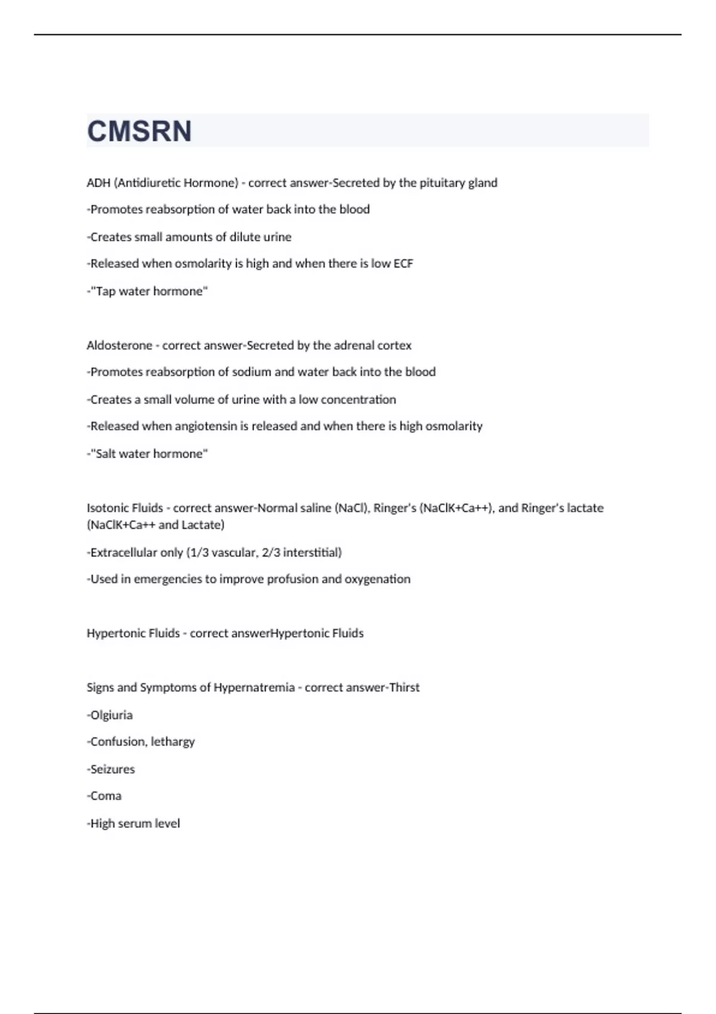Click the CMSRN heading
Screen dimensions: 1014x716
click(x=140, y=131)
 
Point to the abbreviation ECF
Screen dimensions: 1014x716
click(x=403, y=264)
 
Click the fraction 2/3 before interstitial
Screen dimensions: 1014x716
click(x=271, y=553)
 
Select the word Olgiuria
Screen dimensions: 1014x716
click(x=112, y=715)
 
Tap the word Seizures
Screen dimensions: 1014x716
click(x=112, y=769)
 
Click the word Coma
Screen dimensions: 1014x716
click(x=106, y=796)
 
